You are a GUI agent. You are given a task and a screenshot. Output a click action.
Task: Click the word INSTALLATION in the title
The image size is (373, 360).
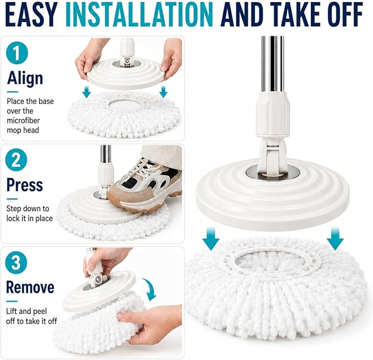[139, 15]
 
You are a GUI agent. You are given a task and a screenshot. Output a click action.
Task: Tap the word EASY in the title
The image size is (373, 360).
[31, 15]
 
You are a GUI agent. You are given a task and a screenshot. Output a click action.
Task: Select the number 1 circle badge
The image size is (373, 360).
[17, 53]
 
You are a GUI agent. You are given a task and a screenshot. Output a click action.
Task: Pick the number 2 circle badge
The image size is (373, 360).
[16, 160]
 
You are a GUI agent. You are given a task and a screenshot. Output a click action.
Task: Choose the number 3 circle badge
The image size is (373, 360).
[16, 262]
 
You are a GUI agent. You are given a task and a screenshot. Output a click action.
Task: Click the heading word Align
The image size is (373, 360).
[25, 78]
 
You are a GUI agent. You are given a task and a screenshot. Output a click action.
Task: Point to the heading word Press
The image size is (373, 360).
[25, 185]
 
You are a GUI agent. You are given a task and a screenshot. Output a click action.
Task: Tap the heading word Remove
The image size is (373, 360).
[30, 287]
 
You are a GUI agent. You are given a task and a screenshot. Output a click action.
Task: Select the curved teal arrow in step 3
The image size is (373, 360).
[150, 289]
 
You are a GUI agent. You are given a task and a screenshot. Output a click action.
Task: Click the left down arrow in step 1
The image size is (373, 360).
[87, 92]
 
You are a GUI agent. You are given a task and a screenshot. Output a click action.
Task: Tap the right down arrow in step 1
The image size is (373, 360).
[163, 92]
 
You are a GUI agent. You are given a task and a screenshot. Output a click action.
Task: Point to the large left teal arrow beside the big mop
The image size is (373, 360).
[210, 238]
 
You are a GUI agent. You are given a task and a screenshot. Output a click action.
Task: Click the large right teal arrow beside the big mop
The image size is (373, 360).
[335, 238]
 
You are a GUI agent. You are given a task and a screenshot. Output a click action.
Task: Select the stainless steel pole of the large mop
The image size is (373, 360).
[272, 64]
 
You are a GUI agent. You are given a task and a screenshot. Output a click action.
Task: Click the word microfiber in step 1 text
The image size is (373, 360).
[23, 121]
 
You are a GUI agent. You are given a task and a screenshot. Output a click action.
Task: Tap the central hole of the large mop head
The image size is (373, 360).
[270, 262]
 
